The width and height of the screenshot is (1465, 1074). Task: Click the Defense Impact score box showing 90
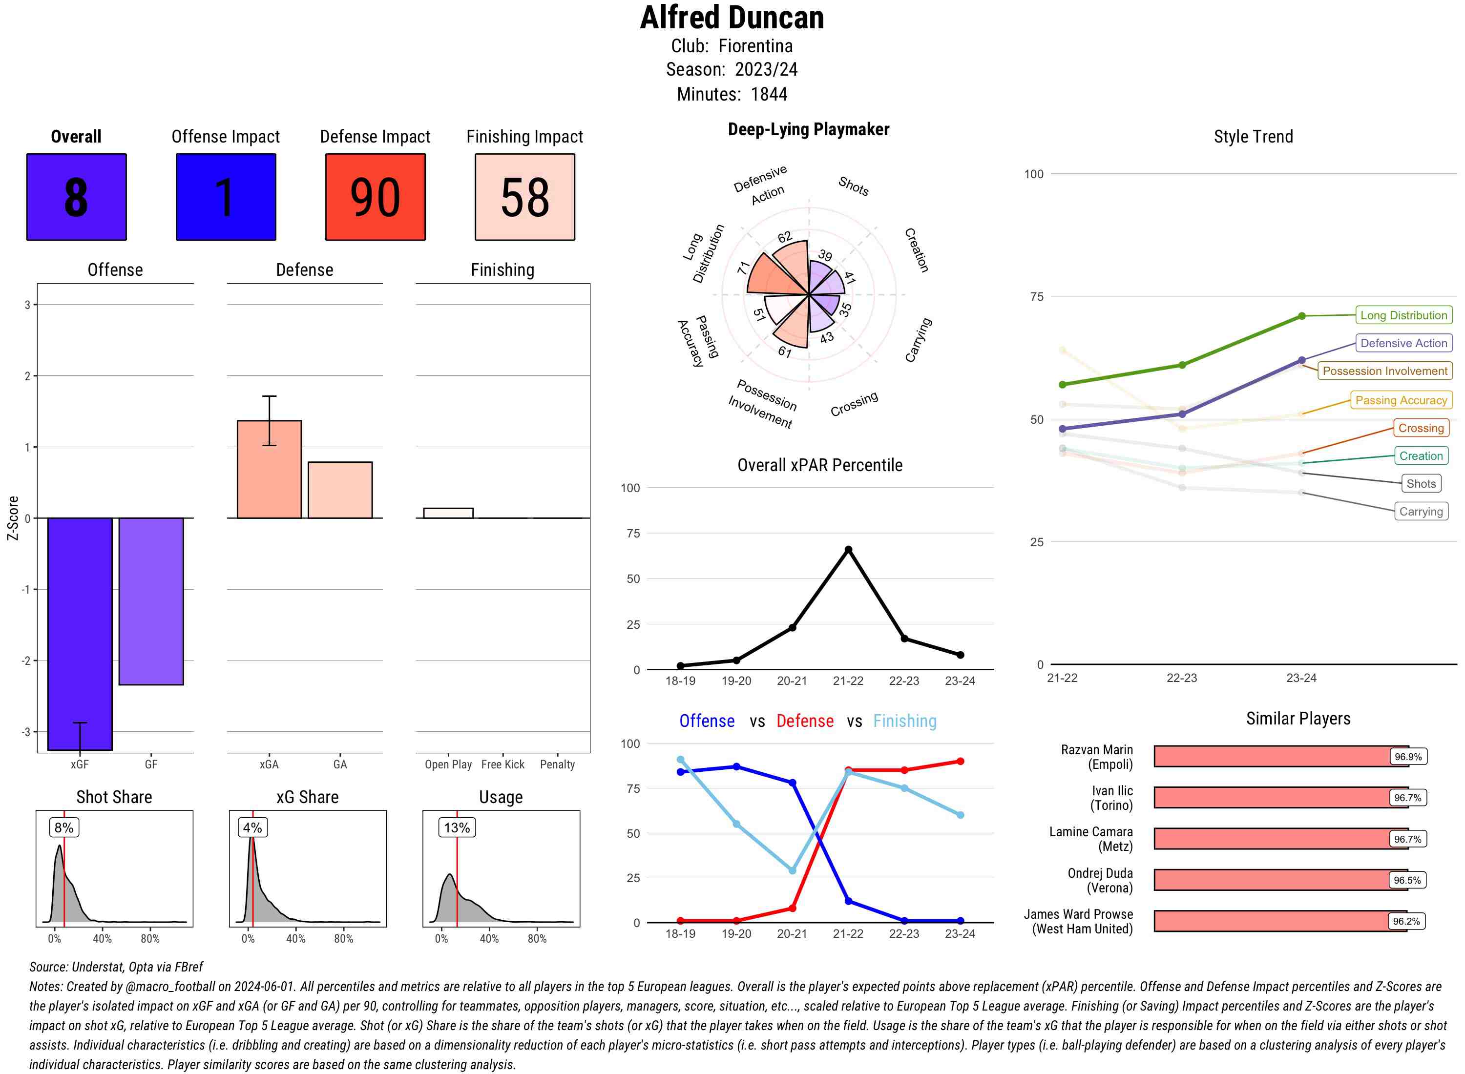click(x=375, y=197)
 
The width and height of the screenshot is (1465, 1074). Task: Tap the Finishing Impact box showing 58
click(x=525, y=197)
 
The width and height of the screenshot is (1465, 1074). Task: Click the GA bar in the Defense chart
click(x=340, y=490)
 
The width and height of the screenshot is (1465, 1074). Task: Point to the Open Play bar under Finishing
click(x=448, y=513)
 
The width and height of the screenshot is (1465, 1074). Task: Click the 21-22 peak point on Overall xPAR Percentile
click(x=848, y=549)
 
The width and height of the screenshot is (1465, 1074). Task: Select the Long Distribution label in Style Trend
click(x=1403, y=315)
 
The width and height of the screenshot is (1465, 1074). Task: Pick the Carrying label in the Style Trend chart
click(x=1420, y=512)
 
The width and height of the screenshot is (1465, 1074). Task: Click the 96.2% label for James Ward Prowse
click(x=1406, y=921)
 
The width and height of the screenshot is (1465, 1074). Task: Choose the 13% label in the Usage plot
click(x=457, y=827)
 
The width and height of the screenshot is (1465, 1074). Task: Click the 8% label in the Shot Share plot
click(x=63, y=827)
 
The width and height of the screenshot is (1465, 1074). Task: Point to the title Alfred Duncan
click(x=732, y=18)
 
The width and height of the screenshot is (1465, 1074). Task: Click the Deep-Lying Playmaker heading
click(x=808, y=129)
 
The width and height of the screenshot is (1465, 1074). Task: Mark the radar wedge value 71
click(x=743, y=268)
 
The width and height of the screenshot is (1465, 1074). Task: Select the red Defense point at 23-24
click(x=960, y=761)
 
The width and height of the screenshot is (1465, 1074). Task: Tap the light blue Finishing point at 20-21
click(x=792, y=870)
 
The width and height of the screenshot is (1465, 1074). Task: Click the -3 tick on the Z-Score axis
click(x=27, y=732)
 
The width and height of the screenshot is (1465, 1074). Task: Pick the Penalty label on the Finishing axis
click(x=557, y=764)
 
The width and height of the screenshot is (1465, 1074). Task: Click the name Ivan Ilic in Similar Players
click(x=1111, y=798)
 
